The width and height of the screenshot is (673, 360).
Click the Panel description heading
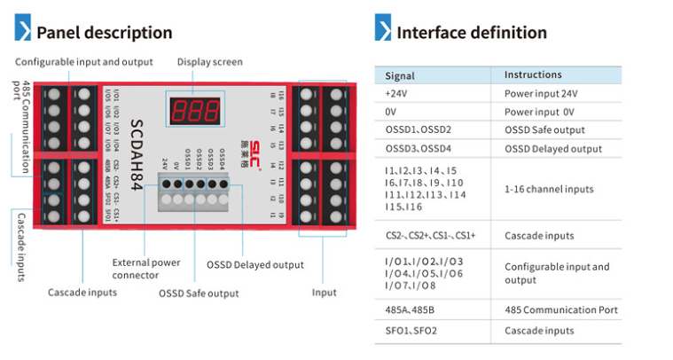pos(104,33)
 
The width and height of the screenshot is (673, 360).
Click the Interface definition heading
pos(471,33)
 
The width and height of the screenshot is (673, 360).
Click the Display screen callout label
pos(209,62)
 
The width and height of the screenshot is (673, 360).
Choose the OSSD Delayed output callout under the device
pos(254,264)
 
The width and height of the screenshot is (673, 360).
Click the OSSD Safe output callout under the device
pos(199,293)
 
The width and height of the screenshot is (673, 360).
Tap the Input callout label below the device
pos(324,293)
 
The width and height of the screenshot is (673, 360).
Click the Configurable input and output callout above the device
pos(84,62)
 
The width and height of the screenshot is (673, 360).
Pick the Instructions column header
pos(533,75)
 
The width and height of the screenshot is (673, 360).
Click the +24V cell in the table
pos(395,93)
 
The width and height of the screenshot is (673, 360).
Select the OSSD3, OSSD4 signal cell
pos(419,147)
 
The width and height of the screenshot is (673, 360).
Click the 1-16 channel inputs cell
pos(550,189)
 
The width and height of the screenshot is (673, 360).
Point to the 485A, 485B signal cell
pos(411,310)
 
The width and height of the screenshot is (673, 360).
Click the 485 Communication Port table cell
pos(560,310)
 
